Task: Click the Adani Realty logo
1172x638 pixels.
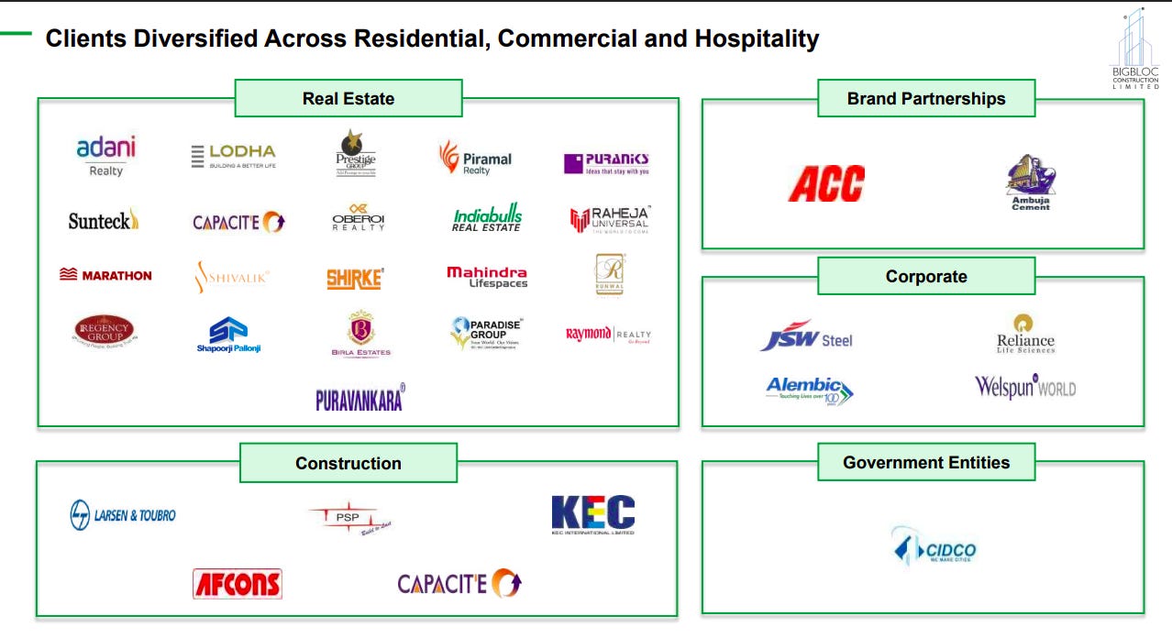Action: tap(105, 156)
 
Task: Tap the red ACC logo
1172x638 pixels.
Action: tap(826, 182)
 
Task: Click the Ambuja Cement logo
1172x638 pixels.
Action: tap(1030, 182)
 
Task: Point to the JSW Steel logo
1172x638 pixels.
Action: tap(806, 336)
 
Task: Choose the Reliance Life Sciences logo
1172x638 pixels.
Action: tap(1025, 334)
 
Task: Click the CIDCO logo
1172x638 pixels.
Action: tap(934, 547)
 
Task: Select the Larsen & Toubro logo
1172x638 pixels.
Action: tap(123, 515)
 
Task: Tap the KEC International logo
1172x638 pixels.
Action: tap(592, 514)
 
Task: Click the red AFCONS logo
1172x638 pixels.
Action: tap(238, 584)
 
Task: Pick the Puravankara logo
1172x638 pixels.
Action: tap(359, 398)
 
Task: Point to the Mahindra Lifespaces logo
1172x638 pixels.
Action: tap(487, 277)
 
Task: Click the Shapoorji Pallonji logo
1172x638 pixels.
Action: tap(228, 335)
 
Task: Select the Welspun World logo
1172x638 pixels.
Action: tap(1024, 387)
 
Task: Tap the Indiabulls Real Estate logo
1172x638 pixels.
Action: tap(487, 219)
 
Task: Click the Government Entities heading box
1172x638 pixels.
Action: tap(926, 463)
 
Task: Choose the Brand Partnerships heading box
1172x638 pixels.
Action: tap(926, 98)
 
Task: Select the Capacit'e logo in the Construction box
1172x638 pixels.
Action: tap(459, 583)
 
